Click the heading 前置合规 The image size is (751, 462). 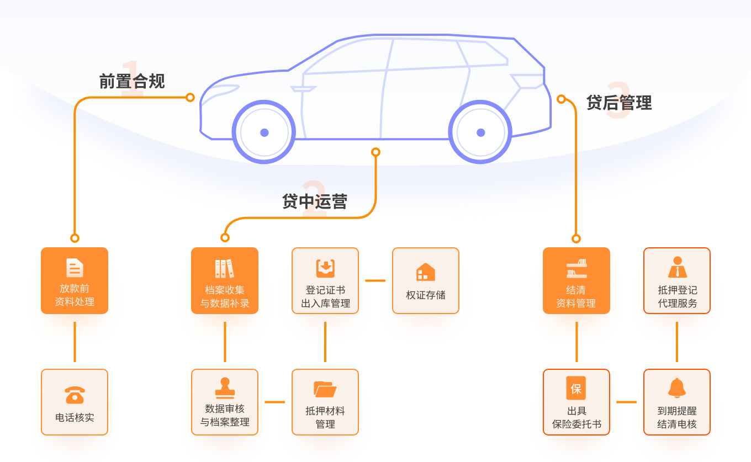tap(132, 82)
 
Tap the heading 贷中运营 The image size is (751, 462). tap(314, 201)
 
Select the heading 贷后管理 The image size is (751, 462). tap(619, 103)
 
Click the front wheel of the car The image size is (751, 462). tap(264, 132)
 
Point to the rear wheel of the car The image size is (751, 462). tap(480, 132)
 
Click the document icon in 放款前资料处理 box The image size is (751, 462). tap(75, 268)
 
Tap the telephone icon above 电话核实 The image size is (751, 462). tap(75, 395)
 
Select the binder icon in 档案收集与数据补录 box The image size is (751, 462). tap(225, 269)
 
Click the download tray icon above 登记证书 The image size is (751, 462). tap(325, 268)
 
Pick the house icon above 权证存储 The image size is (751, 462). tap(425, 272)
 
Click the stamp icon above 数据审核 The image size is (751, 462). tap(225, 387)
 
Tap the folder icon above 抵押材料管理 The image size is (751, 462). tap(325, 389)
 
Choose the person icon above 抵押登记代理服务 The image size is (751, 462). tap(677, 267)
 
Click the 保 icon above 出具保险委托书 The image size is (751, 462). tap(576, 388)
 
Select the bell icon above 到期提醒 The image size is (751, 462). tap(676, 388)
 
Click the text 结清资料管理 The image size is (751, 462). tap(576, 296)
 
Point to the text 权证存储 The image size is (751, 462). tap(425, 295)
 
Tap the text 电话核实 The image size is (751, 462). tap(75, 417)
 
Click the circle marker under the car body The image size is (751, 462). tap(375, 152)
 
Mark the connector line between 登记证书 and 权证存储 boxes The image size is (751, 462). tap(375, 280)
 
